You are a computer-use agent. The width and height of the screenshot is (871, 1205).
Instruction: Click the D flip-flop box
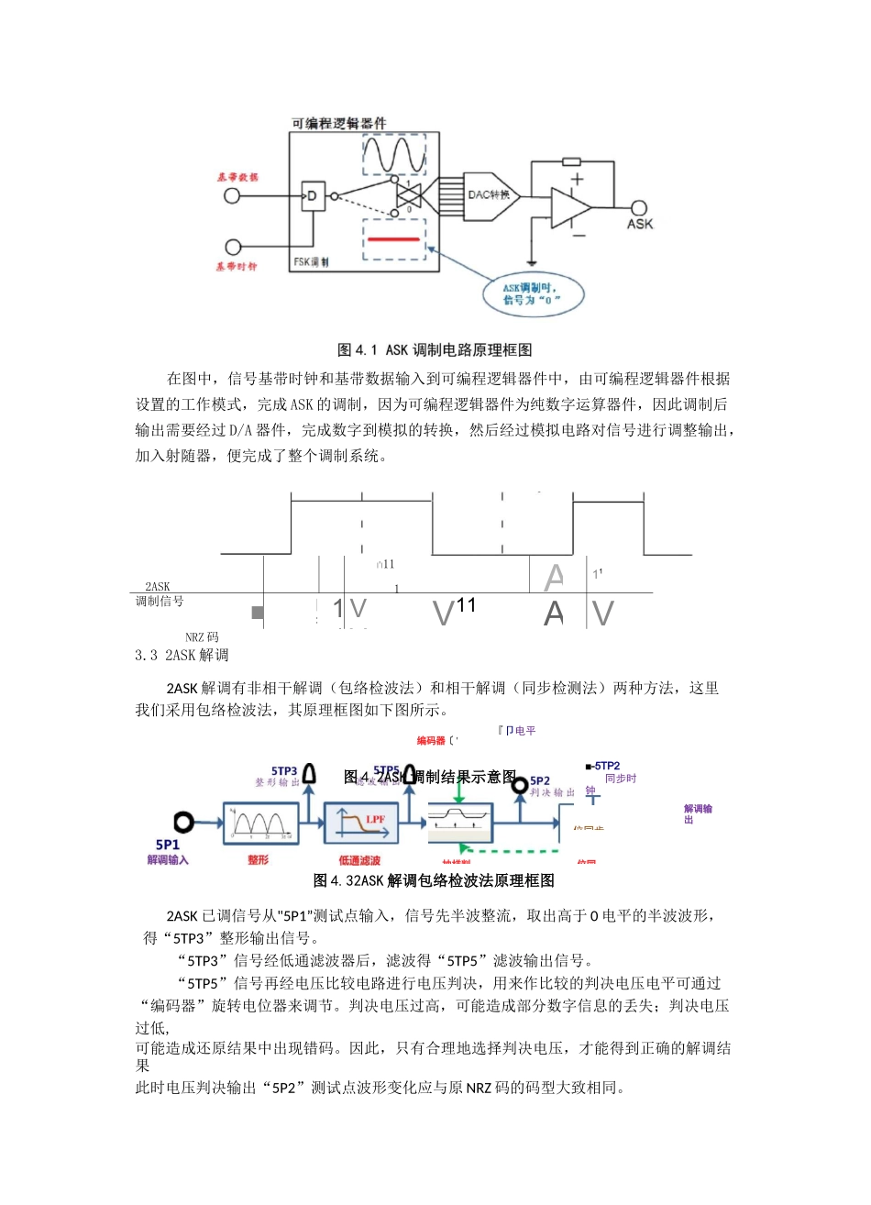(312, 195)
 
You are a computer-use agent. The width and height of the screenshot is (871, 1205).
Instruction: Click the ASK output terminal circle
(639, 208)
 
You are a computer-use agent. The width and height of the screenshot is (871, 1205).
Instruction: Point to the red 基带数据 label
(237, 177)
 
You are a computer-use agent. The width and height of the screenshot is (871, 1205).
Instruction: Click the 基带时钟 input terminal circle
(233, 247)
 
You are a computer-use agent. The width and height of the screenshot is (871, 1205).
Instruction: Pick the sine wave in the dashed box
(394, 154)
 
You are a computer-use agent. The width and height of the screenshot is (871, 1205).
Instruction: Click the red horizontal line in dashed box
(394, 239)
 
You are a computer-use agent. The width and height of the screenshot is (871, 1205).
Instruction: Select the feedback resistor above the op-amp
(572, 161)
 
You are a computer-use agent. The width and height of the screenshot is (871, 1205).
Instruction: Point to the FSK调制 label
(311, 262)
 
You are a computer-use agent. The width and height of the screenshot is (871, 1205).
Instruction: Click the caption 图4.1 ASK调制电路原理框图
(435, 349)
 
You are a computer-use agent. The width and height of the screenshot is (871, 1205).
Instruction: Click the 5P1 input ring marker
(184, 822)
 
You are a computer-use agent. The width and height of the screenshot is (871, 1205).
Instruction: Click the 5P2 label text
(541, 780)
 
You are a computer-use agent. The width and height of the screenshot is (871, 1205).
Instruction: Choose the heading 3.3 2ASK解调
(182, 655)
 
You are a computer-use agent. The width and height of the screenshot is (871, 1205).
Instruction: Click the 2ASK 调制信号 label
(159, 594)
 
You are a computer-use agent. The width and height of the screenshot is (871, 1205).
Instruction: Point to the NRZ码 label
(202, 636)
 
